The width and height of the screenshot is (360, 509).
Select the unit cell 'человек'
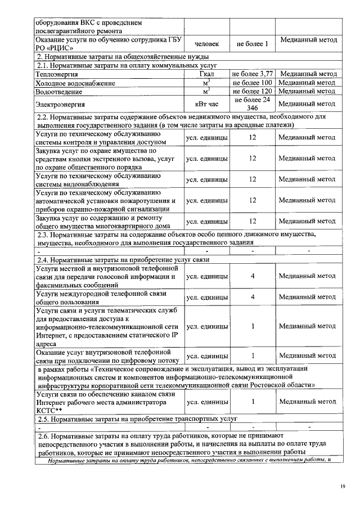click(x=206, y=43)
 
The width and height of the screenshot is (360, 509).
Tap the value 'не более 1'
click(x=252, y=43)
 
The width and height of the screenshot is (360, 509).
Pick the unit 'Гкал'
click(x=206, y=74)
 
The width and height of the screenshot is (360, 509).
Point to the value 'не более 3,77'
click(x=253, y=74)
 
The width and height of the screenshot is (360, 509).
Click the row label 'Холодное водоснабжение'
click(x=75, y=83)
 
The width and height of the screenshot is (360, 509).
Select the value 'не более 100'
click(x=253, y=83)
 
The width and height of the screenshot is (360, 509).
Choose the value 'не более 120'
click(x=253, y=91)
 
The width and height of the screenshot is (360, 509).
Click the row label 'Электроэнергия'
click(x=60, y=104)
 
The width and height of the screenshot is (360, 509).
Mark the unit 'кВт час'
click(x=206, y=104)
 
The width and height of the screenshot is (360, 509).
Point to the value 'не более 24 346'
click(x=253, y=103)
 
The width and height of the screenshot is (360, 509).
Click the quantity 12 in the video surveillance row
click(x=253, y=179)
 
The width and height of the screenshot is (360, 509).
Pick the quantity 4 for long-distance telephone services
click(x=253, y=296)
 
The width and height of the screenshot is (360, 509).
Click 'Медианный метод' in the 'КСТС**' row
click(x=307, y=402)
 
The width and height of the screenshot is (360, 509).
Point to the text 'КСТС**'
click(x=49, y=411)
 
